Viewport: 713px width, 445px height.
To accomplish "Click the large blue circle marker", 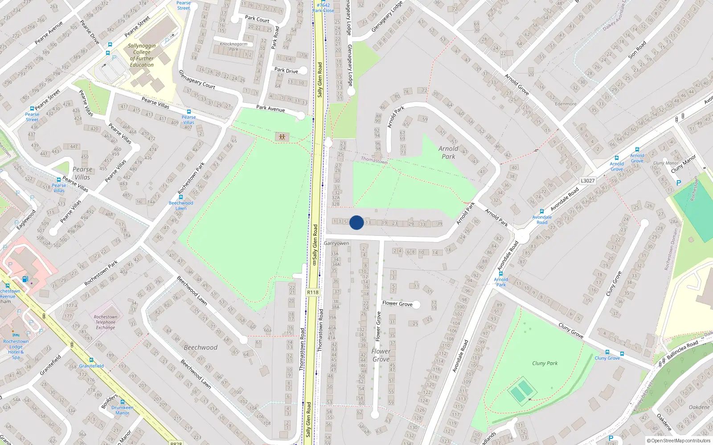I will point(356,222).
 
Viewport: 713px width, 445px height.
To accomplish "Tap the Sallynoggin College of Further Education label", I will point(142,55).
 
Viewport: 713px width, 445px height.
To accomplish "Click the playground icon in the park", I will point(282,137).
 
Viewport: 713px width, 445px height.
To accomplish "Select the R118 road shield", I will point(313,292).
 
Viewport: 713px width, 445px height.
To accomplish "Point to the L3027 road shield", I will point(588,181).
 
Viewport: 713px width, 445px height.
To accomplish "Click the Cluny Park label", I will point(545,363).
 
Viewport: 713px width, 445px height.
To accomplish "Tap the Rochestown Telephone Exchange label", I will point(106,322).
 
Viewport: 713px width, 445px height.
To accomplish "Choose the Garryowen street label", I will point(336,243).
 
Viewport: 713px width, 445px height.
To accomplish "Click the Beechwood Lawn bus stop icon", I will point(181,197).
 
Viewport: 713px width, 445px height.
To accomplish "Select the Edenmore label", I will point(565,104).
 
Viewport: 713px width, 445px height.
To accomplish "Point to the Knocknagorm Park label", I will point(234,46).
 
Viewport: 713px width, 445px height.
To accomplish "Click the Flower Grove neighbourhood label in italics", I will point(381,355).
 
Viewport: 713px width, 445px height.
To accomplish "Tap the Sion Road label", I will point(637,50).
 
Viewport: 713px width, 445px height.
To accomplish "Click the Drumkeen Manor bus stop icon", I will point(123,402).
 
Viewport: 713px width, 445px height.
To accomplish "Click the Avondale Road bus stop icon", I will point(542,212).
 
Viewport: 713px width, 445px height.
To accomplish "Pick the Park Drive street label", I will point(286,70).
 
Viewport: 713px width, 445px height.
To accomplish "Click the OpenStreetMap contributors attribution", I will point(678,441).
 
